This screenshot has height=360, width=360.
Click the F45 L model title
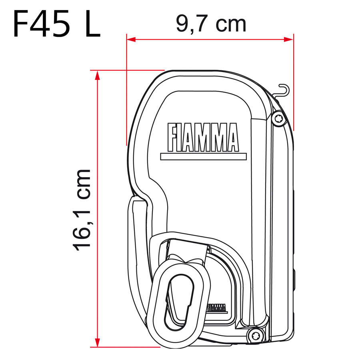point(56,24)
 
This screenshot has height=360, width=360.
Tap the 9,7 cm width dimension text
point(211,24)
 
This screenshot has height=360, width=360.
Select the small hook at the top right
point(282,90)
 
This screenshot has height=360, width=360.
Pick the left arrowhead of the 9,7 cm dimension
point(130,39)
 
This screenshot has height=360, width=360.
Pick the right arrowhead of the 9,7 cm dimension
point(290,39)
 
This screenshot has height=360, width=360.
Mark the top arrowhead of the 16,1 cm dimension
point(97,74)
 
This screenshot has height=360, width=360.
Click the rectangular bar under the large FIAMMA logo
point(202,156)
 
